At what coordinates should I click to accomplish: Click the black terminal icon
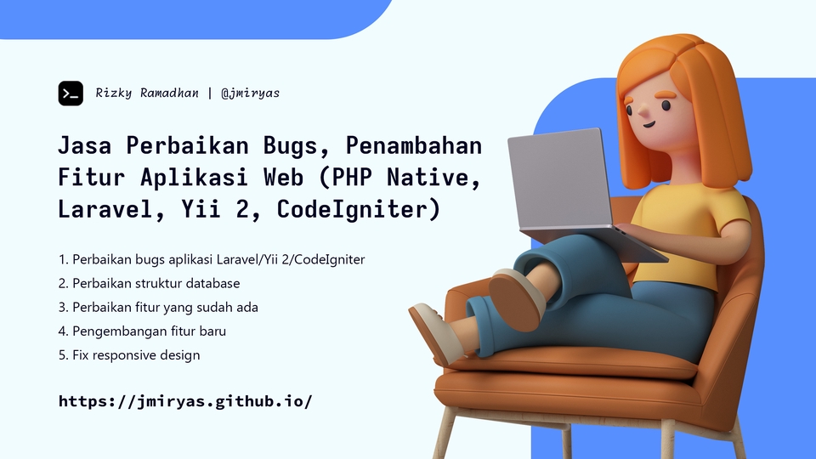[71, 93]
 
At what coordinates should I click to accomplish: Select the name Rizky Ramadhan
[147, 93]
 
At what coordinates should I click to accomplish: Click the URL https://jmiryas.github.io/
[185, 400]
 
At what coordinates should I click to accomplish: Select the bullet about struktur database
[149, 283]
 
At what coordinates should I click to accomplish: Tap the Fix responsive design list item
[129, 354]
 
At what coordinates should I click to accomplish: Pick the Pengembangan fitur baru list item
[142, 331]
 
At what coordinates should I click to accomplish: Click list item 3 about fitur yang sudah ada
[158, 307]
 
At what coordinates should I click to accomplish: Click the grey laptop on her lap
[561, 183]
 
